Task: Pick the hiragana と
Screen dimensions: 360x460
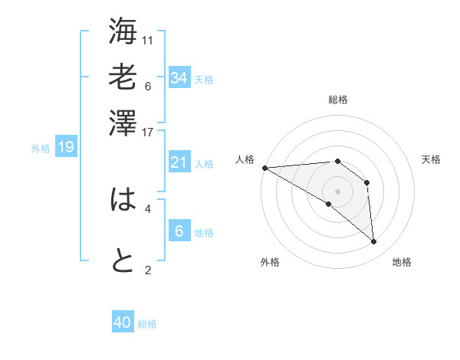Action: click(x=123, y=261)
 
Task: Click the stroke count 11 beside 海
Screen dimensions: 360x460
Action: click(x=148, y=40)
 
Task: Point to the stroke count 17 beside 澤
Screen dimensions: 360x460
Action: click(x=148, y=131)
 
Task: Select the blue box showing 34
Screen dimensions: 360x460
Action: click(x=179, y=77)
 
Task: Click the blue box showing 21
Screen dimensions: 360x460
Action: click(x=179, y=162)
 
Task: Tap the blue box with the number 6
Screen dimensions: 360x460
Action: click(x=179, y=231)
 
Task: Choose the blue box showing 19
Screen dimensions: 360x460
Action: click(x=66, y=147)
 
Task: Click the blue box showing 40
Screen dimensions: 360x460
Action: click(x=123, y=323)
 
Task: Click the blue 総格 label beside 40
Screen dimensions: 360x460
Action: click(x=148, y=324)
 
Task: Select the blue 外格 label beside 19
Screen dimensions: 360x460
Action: click(x=40, y=148)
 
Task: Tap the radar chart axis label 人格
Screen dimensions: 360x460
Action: click(x=245, y=159)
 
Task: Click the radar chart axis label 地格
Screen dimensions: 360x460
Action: click(x=402, y=262)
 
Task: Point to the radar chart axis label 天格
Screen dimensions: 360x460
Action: click(x=431, y=159)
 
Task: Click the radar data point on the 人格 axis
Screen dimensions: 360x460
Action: click(x=264, y=168)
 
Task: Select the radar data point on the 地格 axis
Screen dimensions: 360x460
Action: click(x=373, y=242)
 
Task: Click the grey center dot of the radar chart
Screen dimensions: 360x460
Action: click(x=337, y=191)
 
